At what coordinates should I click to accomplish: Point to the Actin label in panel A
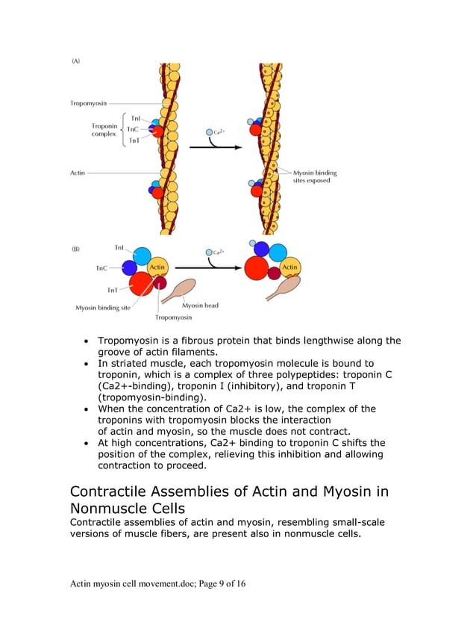(x=78, y=173)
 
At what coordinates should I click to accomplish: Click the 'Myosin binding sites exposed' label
(x=314, y=176)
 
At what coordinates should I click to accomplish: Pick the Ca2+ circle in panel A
(x=210, y=132)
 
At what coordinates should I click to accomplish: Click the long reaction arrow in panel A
(x=217, y=148)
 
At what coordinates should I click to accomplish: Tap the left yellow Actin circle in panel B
(x=157, y=267)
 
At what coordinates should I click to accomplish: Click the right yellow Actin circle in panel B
(x=289, y=267)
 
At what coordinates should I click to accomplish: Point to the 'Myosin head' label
(x=200, y=305)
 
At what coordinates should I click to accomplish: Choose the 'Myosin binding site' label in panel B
(x=102, y=307)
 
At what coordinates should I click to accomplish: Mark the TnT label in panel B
(x=111, y=290)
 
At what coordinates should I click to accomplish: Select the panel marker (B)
(x=76, y=249)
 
